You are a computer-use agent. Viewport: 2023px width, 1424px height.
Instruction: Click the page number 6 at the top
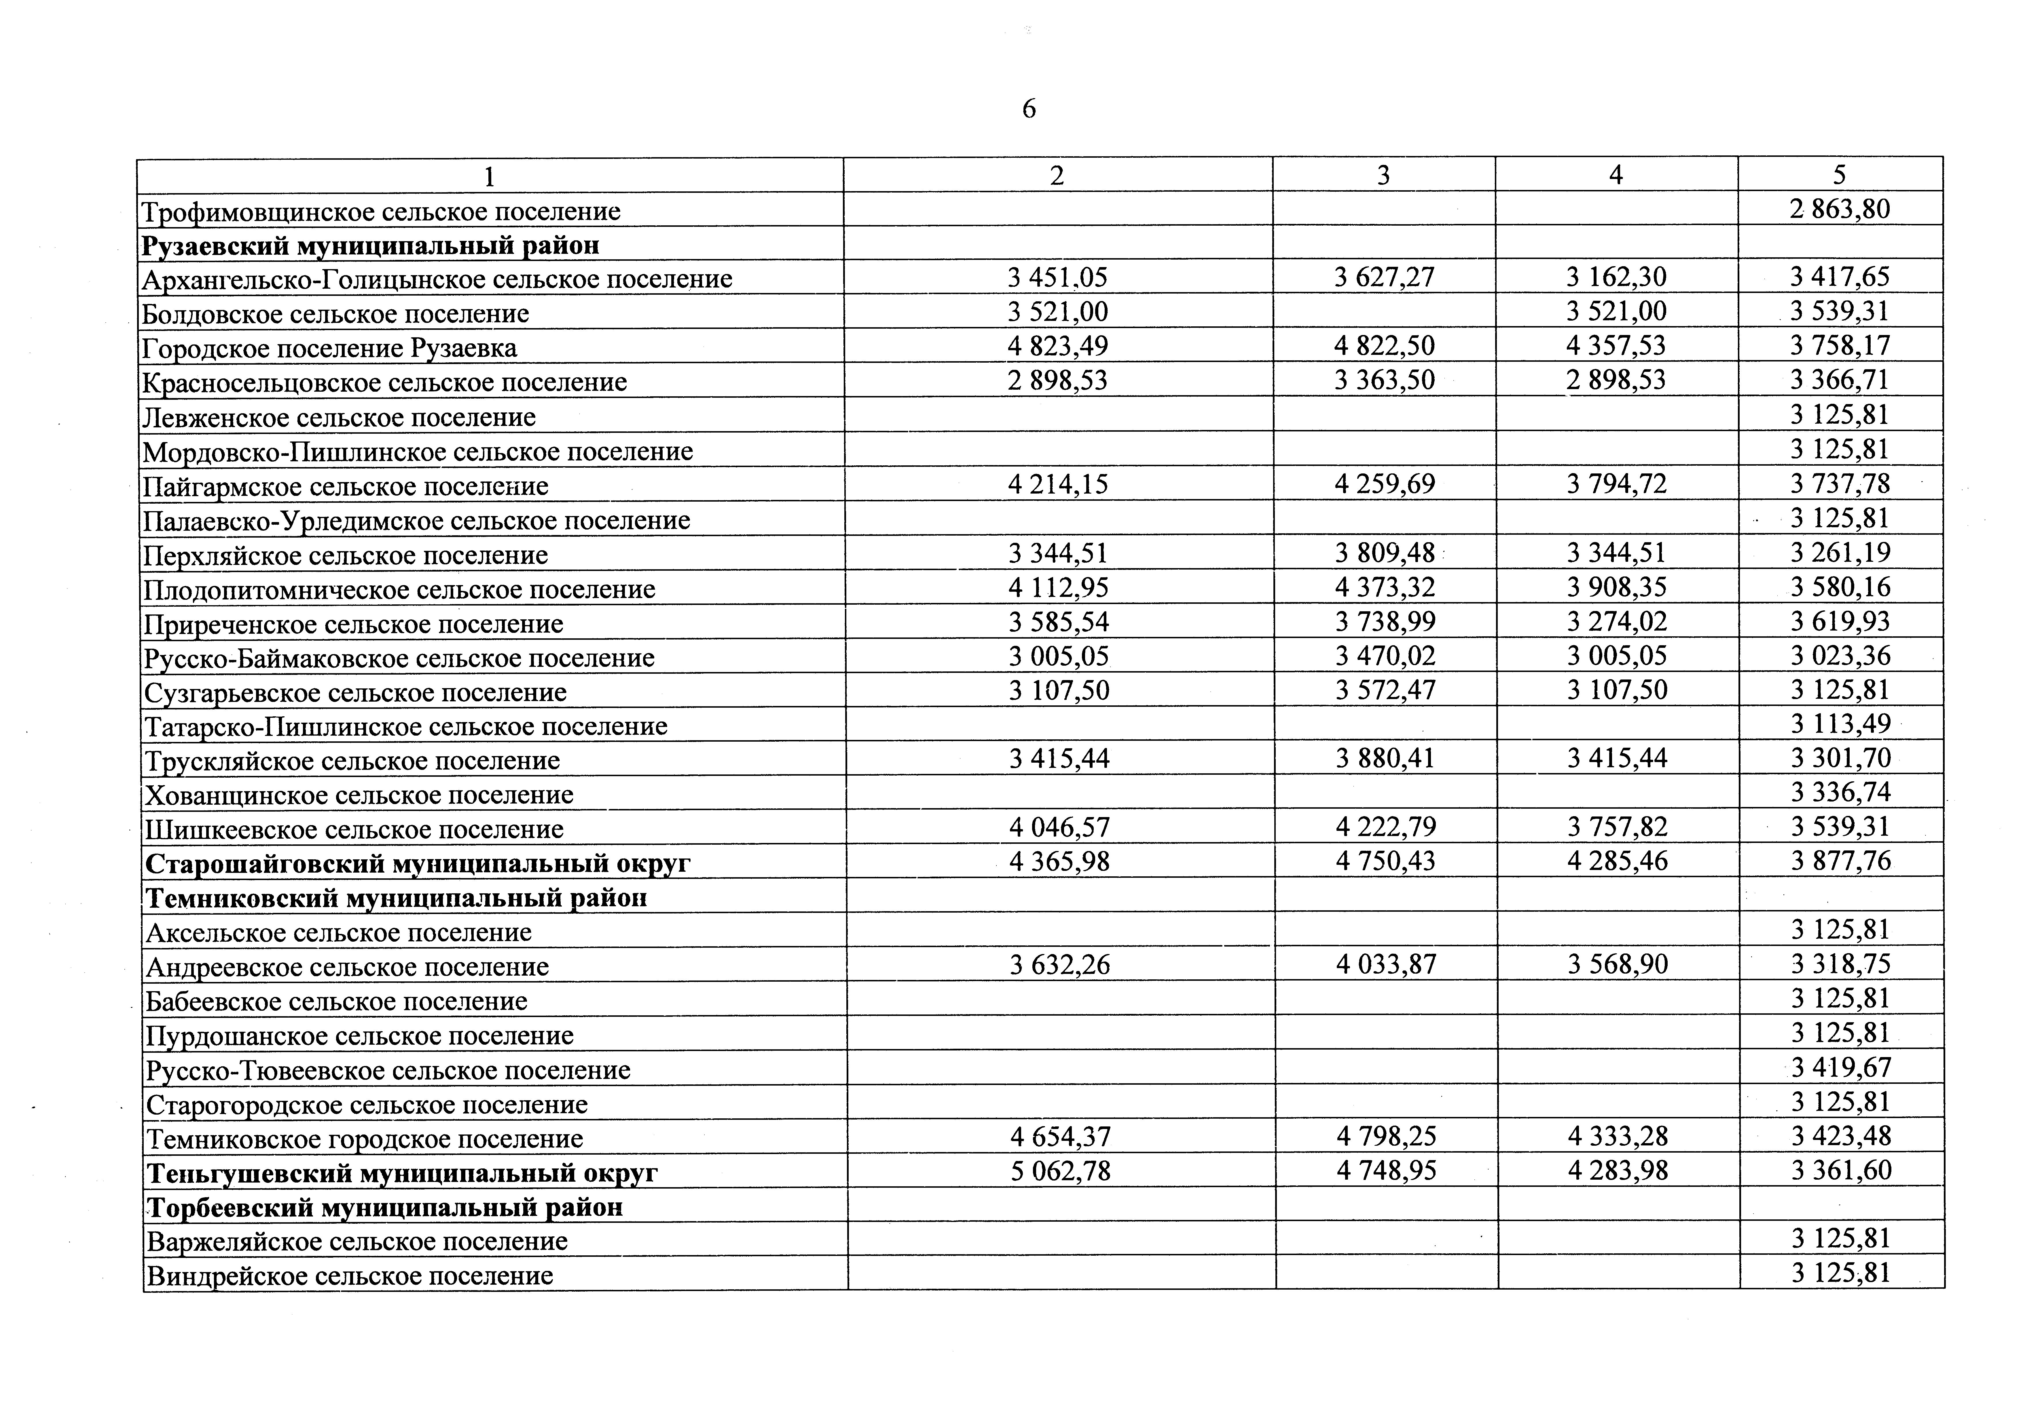click(x=1028, y=109)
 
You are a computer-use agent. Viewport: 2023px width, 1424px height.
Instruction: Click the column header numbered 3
click(x=1383, y=175)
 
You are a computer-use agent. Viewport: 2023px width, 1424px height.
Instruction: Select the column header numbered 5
click(x=1840, y=174)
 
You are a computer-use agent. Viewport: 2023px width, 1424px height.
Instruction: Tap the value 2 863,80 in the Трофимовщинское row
click(x=1840, y=209)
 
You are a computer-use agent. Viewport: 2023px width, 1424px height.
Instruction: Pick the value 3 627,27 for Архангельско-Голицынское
click(x=1384, y=277)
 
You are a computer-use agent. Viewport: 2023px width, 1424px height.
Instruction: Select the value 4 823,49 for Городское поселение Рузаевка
click(x=1057, y=346)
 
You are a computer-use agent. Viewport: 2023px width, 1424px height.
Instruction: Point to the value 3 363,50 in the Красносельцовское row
click(x=1384, y=380)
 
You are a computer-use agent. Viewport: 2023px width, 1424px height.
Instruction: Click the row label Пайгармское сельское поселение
click(x=345, y=486)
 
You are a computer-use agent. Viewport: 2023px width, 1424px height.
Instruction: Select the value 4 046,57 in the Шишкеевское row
click(x=1059, y=827)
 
